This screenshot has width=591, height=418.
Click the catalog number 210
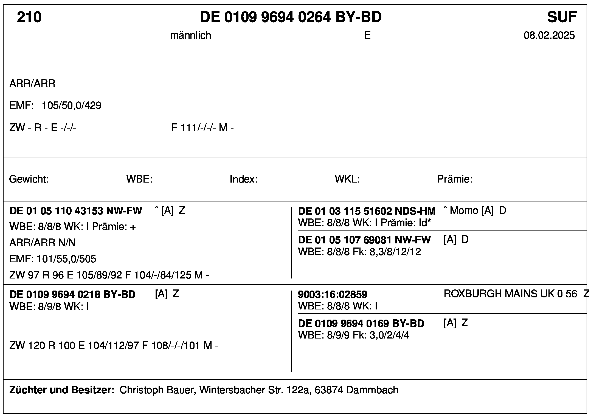(x=29, y=17)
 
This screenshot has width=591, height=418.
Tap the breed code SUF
(x=562, y=17)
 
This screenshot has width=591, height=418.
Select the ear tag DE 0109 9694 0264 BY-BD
(x=291, y=17)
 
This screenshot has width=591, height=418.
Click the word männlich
(x=190, y=35)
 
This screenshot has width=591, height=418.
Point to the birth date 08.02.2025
(x=549, y=35)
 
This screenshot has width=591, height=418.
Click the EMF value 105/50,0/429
(x=71, y=106)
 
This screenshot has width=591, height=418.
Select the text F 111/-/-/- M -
(x=202, y=127)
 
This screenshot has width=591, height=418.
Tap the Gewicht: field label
(x=29, y=179)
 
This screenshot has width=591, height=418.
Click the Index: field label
(x=243, y=179)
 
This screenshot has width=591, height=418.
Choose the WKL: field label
(x=347, y=179)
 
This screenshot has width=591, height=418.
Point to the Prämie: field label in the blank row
(x=455, y=179)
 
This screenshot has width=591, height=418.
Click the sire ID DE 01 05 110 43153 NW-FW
(x=76, y=211)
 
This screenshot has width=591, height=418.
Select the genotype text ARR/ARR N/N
(x=43, y=243)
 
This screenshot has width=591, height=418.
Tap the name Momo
(x=464, y=211)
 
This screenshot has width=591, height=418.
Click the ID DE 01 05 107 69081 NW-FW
(x=364, y=240)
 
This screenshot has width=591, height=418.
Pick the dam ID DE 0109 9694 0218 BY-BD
(x=72, y=294)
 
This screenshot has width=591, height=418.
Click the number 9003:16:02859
(x=332, y=295)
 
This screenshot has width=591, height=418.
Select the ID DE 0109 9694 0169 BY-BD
(x=361, y=323)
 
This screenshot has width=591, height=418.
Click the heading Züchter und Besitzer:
(x=62, y=390)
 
